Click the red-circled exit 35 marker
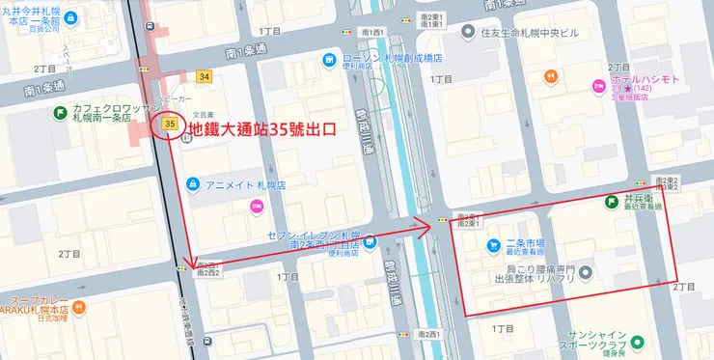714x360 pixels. tap(171, 125)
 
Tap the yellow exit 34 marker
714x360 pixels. tap(203, 76)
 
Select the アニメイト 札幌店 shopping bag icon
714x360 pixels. tap(193, 183)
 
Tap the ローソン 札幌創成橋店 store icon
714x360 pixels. tap(330, 61)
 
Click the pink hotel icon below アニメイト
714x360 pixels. tap(256, 205)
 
